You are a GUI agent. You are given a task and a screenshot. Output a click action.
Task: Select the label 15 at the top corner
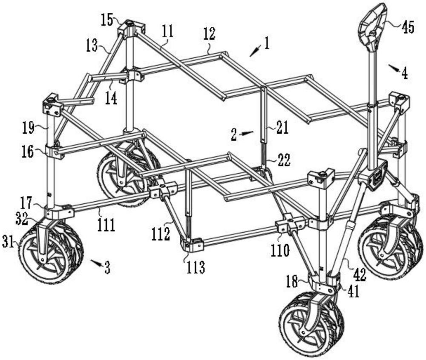click(107, 20)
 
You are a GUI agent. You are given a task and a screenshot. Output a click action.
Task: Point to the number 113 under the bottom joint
click(196, 268)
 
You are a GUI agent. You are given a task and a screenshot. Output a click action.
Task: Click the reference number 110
click(280, 250)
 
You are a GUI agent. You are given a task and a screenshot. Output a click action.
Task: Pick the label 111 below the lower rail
click(106, 225)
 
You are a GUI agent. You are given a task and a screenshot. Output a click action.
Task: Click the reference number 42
click(359, 274)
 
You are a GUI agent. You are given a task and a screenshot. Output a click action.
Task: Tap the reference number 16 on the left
click(28, 152)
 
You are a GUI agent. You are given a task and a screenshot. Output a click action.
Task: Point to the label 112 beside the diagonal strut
click(161, 234)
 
